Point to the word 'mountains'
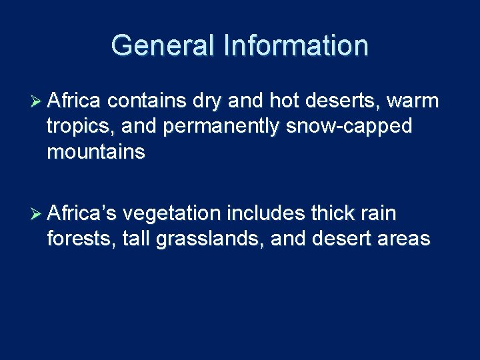(x=96, y=153)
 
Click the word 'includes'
(x=267, y=213)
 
